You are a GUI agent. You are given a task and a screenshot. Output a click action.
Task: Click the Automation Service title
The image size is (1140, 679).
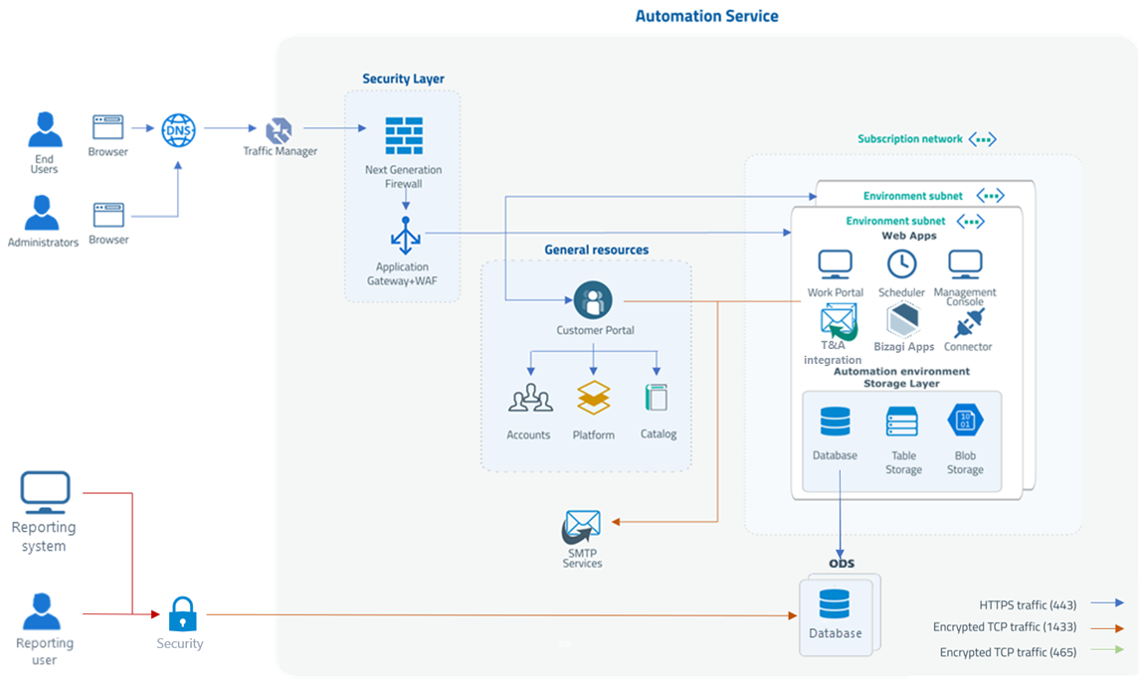(x=706, y=16)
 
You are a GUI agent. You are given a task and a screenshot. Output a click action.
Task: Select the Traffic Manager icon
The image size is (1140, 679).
(x=280, y=129)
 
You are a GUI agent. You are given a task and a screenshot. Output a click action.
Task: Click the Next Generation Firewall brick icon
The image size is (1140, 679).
(x=404, y=136)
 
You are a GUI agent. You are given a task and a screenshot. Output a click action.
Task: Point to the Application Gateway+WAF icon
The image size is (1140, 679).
(x=405, y=238)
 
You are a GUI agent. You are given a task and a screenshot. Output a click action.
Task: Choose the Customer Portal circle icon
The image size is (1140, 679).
(x=593, y=299)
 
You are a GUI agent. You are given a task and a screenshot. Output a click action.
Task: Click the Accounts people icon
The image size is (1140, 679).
(x=530, y=399)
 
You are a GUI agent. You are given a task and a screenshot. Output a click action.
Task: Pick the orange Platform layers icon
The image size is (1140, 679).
(x=594, y=398)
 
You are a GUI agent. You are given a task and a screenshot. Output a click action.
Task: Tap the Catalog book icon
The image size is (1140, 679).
(x=657, y=398)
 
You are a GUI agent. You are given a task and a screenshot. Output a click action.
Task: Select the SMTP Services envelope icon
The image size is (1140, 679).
(x=582, y=527)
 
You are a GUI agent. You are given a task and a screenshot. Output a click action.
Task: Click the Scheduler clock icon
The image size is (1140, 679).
(x=901, y=263)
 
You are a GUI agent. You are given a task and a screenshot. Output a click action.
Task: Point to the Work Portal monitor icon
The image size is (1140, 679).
(x=835, y=265)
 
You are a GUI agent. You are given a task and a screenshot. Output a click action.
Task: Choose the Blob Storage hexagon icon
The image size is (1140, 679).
(x=965, y=421)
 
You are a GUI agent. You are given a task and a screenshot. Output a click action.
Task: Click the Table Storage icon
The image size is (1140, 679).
(x=902, y=422)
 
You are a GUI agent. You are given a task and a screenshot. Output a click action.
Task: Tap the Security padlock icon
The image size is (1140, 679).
(x=180, y=614)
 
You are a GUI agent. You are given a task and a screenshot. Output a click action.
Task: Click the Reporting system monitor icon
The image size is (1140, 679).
(x=45, y=492)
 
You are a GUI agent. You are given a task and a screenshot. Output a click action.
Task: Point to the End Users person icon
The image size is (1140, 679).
(x=45, y=129)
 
